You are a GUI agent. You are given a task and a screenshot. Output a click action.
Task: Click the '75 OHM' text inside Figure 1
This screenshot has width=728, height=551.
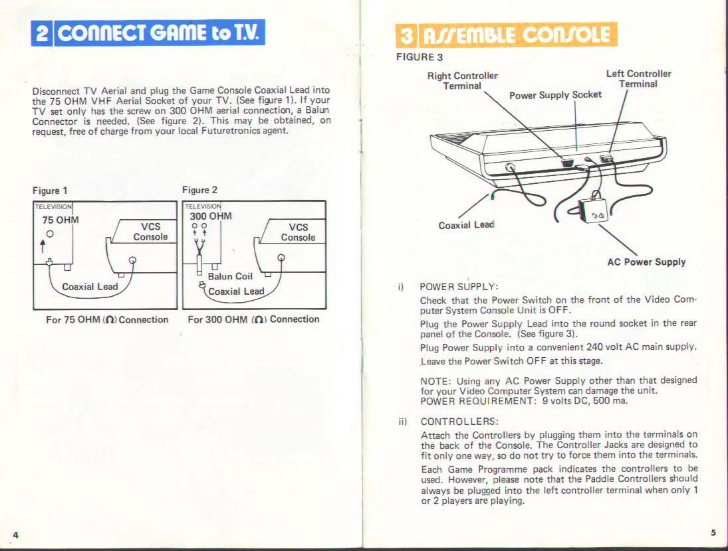click(61, 220)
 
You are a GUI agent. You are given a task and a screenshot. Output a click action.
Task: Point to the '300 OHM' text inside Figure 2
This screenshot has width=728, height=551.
click(211, 216)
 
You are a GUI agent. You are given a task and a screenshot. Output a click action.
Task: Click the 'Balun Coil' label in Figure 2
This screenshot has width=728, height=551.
click(230, 276)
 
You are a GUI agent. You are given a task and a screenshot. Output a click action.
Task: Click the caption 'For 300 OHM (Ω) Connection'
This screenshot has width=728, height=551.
click(253, 319)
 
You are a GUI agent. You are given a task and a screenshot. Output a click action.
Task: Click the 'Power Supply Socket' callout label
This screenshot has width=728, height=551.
click(555, 95)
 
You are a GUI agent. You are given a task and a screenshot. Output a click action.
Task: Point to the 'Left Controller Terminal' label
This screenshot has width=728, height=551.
click(638, 79)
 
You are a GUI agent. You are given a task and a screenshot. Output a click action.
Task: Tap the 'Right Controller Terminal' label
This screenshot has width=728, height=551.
click(462, 81)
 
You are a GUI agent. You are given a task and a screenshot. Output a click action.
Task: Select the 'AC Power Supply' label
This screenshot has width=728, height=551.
click(646, 262)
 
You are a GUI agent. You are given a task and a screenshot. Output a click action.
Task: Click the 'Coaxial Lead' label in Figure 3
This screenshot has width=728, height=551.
click(466, 225)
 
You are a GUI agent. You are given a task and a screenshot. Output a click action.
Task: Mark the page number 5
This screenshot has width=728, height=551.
click(713, 532)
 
